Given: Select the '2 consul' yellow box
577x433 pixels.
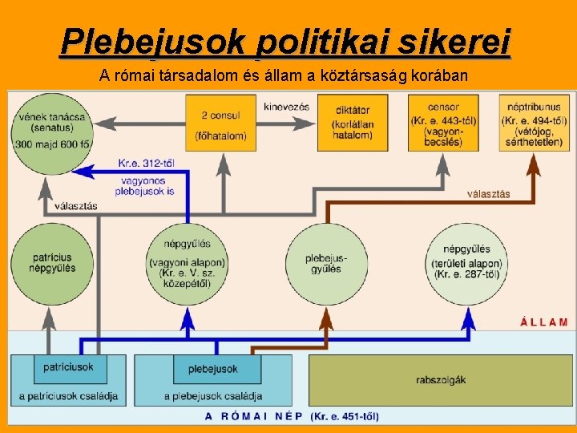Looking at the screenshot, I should click(221, 123).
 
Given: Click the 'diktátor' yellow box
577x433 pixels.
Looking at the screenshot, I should click(352, 123).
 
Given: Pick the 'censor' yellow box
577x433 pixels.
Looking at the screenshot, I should click(444, 123).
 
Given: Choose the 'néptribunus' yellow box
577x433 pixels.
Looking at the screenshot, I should click(534, 123).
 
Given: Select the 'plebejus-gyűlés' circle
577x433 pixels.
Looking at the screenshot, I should click(325, 263).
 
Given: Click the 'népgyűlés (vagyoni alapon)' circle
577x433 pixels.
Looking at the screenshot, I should click(188, 263).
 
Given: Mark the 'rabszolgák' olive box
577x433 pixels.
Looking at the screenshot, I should click(441, 379).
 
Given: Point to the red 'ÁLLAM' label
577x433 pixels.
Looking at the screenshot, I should click(544, 322).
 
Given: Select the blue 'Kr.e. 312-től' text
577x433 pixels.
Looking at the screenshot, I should click(147, 164).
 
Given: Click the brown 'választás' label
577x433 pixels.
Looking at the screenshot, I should click(489, 194).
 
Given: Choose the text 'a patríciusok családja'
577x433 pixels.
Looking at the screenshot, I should click(68, 396).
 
